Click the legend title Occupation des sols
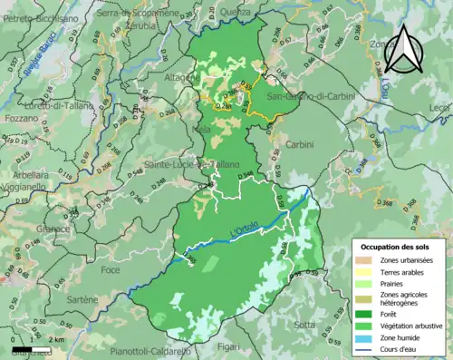click(396, 247)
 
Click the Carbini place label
click(299, 145)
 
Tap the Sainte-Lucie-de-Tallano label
click(186, 164)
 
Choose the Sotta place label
click(305, 324)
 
